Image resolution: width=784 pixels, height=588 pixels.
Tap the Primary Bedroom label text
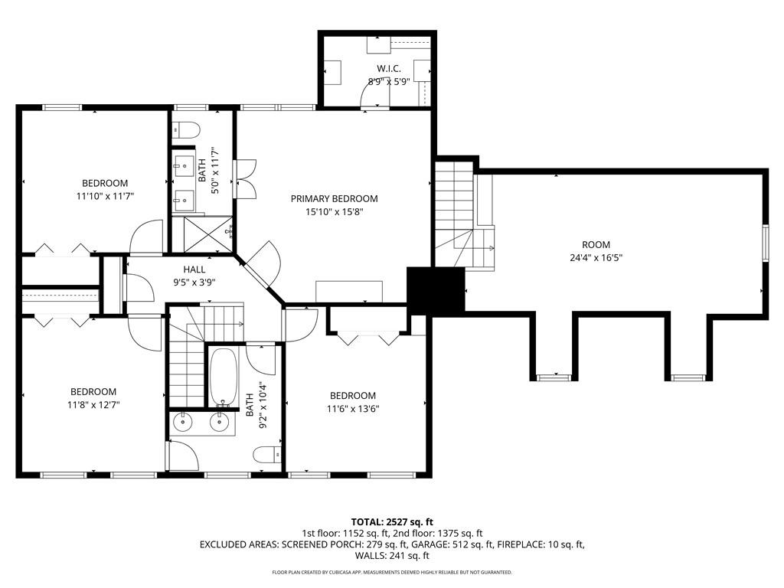coord(334,198)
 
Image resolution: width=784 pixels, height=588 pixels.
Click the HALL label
coord(194,269)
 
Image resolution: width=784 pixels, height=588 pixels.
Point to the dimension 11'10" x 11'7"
coord(105,196)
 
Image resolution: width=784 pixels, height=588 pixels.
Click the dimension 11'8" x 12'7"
coord(93,404)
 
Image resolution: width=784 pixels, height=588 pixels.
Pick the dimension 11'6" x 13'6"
coord(353,408)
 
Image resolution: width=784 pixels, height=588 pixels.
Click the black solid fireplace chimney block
coord(436,290)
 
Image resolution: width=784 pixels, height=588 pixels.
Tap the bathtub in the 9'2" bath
coord(224,377)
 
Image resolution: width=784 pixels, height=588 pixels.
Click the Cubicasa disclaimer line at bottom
coord(392,572)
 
